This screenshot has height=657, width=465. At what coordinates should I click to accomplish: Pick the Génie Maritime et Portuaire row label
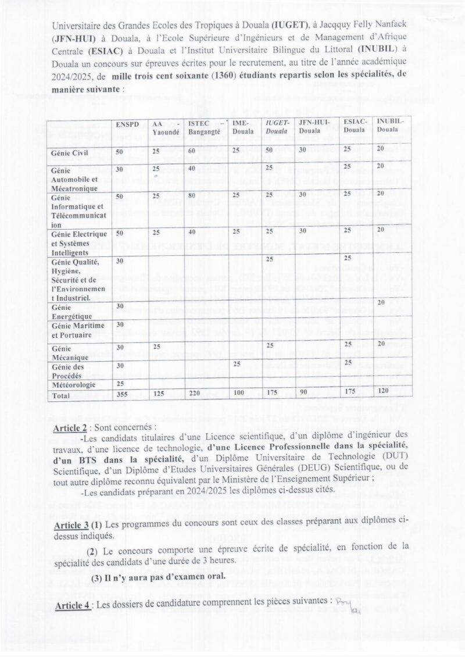(x=77, y=330)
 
